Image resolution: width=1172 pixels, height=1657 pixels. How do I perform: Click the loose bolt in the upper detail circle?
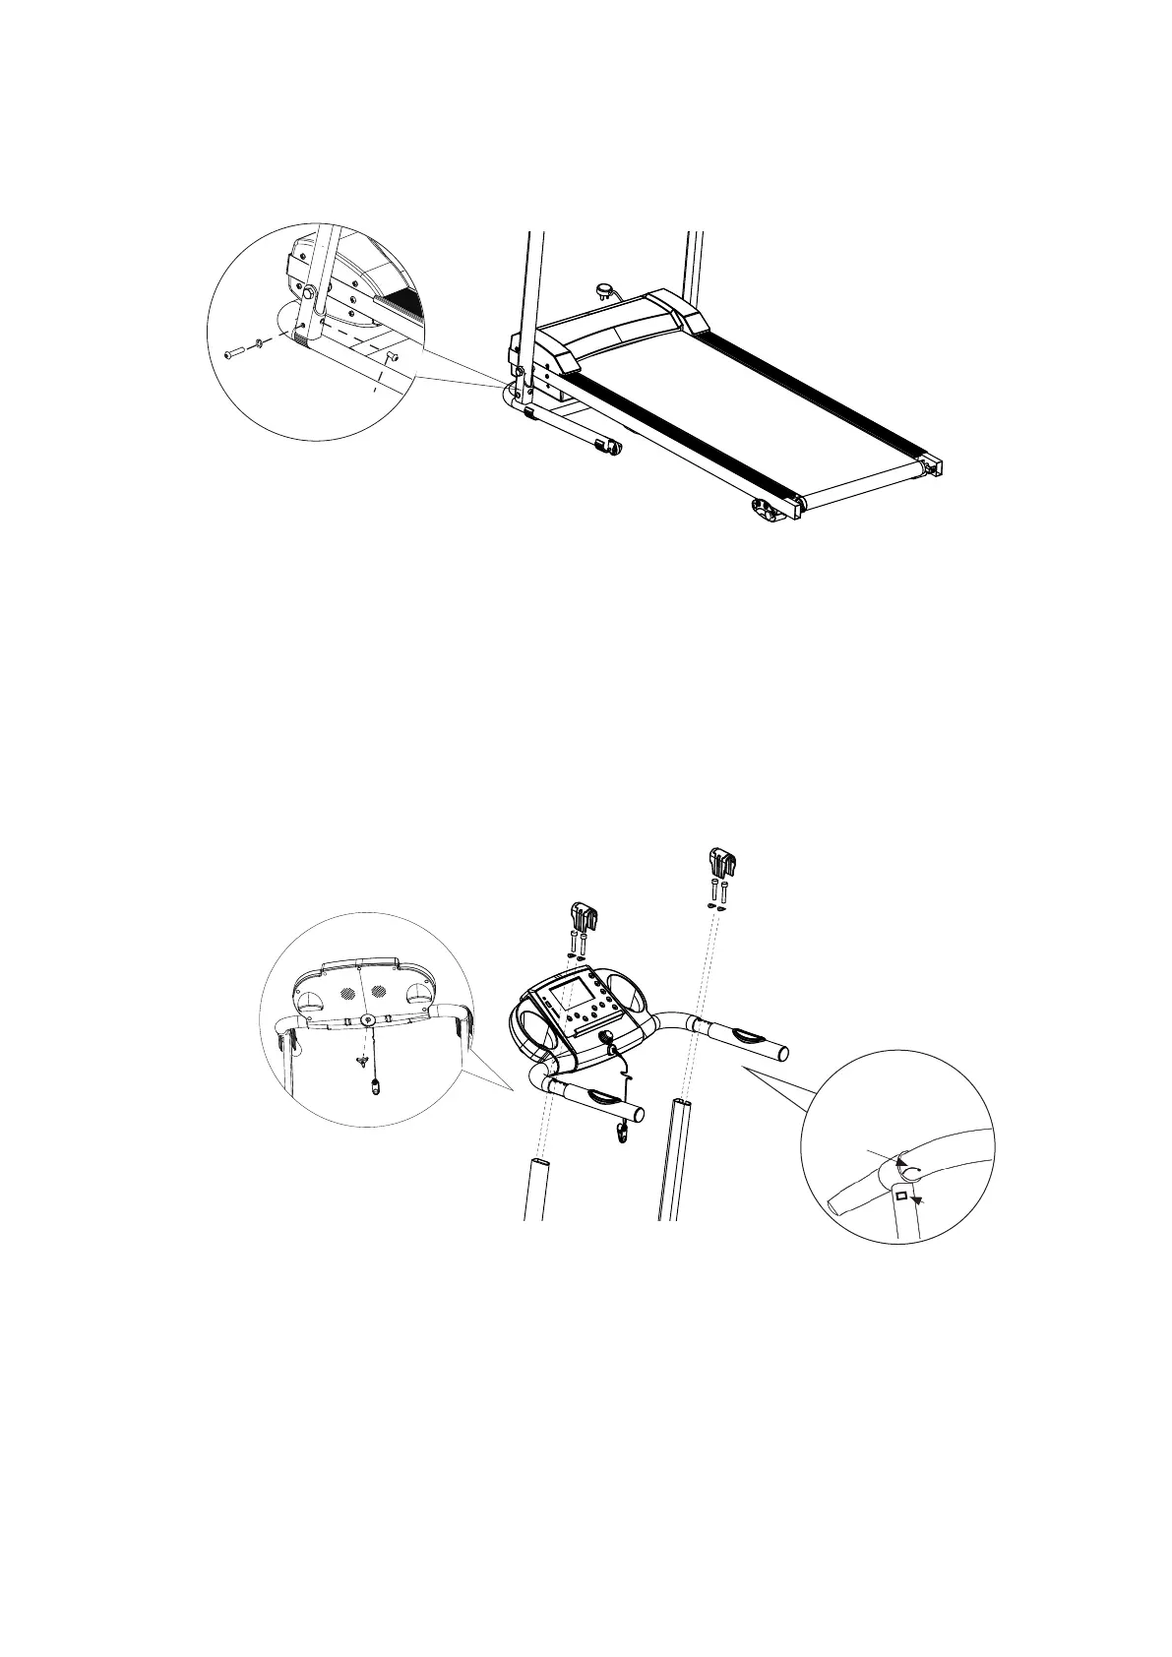pyautogui.click(x=233, y=352)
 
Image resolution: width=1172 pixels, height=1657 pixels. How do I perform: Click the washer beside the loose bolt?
pyautogui.click(x=258, y=343)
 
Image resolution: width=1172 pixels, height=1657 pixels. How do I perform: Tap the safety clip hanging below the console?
pyautogui.click(x=622, y=1134)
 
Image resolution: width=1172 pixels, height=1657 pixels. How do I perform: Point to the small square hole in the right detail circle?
pyautogui.click(x=899, y=1195)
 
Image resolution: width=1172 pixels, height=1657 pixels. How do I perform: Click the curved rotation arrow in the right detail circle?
pyautogui.click(x=911, y=1170)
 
